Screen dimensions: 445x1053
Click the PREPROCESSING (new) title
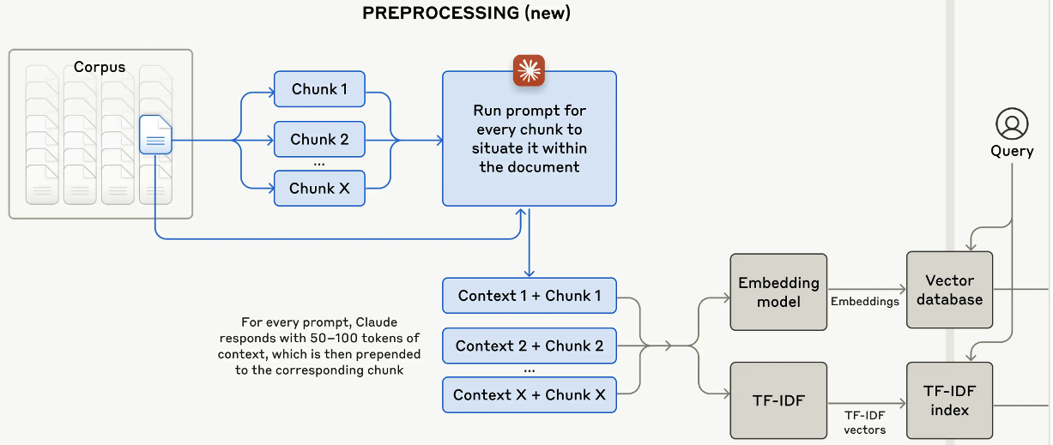pyautogui.click(x=466, y=13)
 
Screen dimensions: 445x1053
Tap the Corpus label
pyautogui.click(x=100, y=67)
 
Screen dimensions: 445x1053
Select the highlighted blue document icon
pyautogui.click(x=155, y=135)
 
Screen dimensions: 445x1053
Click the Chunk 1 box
pyautogui.click(x=319, y=89)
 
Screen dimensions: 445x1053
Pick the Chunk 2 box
pyautogui.click(x=319, y=139)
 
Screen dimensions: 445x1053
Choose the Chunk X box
pyautogui.click(x=319, y=189)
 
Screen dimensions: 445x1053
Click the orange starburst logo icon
pyautogui.click(x=529, y=71)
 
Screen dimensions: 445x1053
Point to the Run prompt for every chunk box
pyautogui.click(x=529, y=139)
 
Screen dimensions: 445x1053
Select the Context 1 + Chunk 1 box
pyautogui.click(x=529, y=296)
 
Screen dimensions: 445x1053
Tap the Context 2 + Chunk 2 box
pyautogui.click(x=529, y=346)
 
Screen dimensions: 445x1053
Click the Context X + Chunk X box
pyautogui.click(x=529, y=395)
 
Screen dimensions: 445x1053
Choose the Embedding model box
pyautogui.click(x=778, y=292)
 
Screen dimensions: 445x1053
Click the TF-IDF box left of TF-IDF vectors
pyautogui.click(x=778, y=400)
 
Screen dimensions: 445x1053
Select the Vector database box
pyautogui.click(x=949, y=290)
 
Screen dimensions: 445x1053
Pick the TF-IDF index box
pyautogui.click(x=949, y=400)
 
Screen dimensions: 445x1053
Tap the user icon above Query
pyautogui.click(x=1012, y=123)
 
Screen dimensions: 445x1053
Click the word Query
pyautogui.click(x=1012, y=152)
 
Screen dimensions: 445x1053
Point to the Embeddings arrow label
pyautogui.click(x=864, y=302)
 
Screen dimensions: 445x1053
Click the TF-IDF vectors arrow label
pyautogui.click(x=866, y=421)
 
